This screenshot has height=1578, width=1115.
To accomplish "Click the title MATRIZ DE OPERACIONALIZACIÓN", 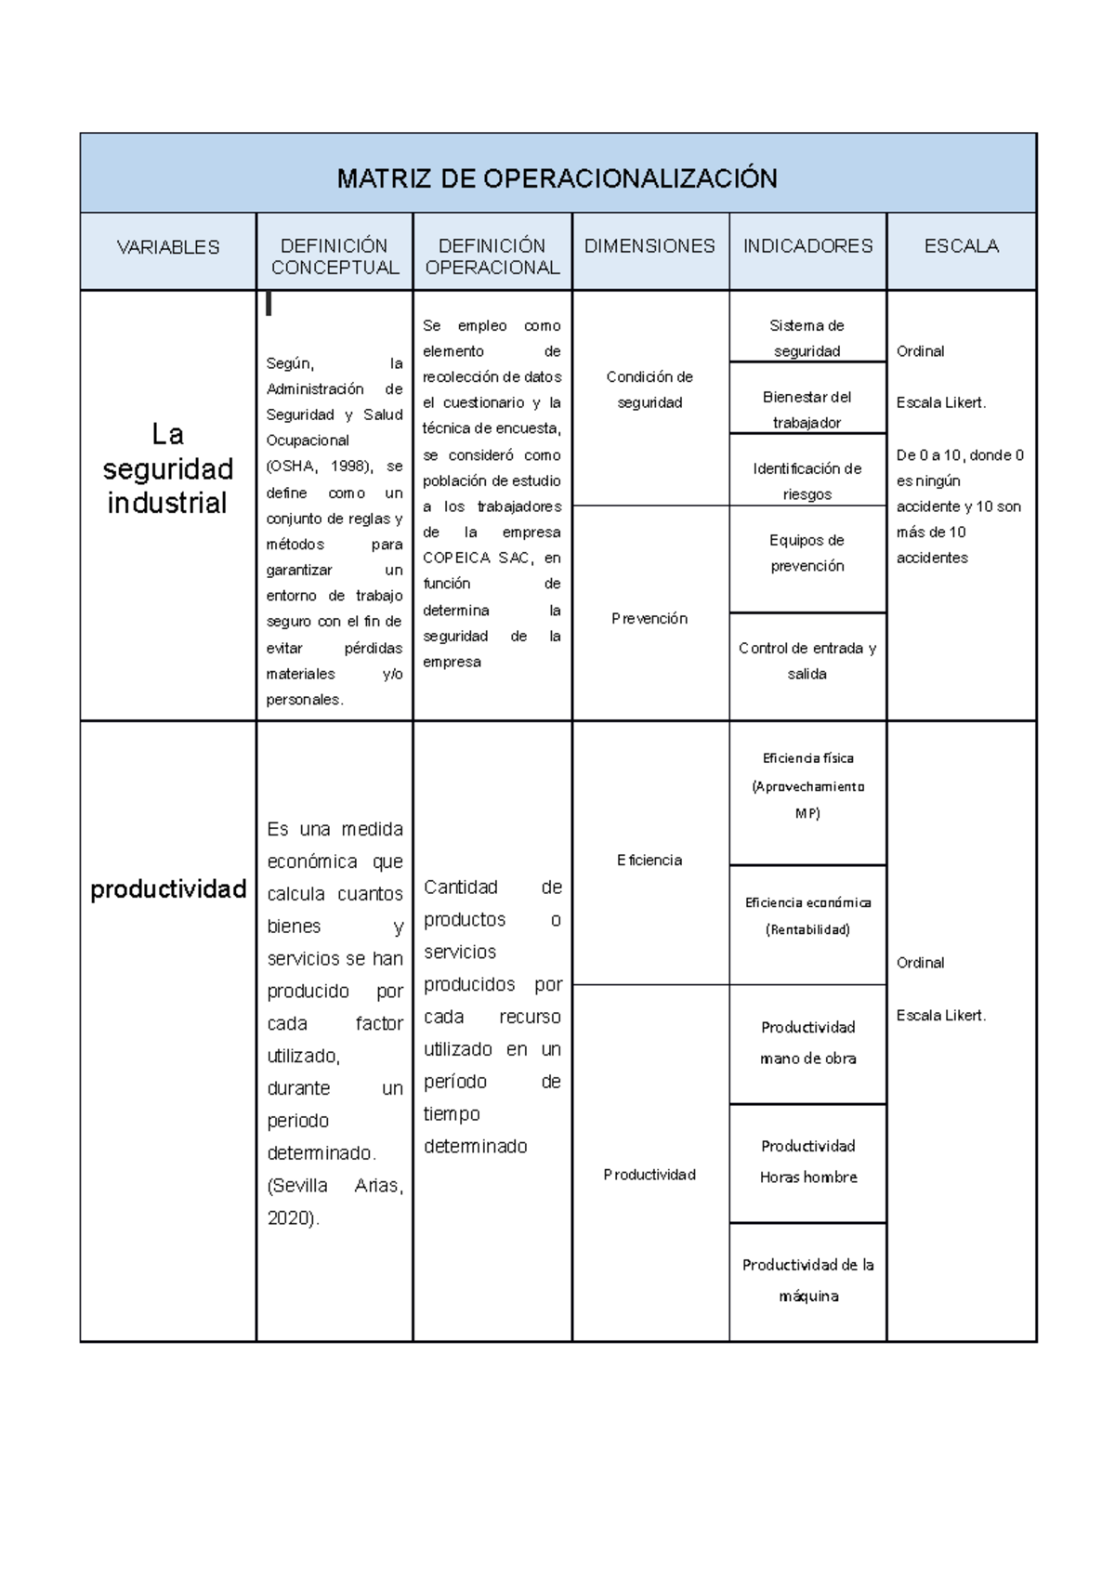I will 557,178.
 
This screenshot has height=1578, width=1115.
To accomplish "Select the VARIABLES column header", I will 168,247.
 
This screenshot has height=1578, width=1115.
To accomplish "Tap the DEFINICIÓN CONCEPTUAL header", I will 334,256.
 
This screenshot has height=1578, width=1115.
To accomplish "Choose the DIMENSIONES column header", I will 649,246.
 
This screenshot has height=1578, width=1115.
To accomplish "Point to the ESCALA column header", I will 961,246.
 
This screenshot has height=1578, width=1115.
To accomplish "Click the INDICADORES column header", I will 807,246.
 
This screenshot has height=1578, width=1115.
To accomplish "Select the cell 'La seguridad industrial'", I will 167,468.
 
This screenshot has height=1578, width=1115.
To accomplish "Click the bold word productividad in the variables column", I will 168,889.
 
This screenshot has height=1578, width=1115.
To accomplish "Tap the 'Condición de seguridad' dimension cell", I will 649,389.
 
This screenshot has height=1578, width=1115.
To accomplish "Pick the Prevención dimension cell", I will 649,618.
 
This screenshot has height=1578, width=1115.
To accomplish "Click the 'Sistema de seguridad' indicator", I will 807,338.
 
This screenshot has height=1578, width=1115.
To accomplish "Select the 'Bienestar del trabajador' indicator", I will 807,410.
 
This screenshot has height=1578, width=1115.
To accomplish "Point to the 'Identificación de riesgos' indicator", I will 807,481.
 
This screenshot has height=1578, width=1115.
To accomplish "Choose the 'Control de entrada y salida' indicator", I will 807,661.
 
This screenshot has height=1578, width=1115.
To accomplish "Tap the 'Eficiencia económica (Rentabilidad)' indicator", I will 807,915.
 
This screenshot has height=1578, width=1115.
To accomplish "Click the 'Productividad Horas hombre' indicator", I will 807,1162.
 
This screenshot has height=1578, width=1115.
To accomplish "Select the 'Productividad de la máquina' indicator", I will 807,1280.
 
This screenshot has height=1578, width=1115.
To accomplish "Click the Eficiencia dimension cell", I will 649,861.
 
